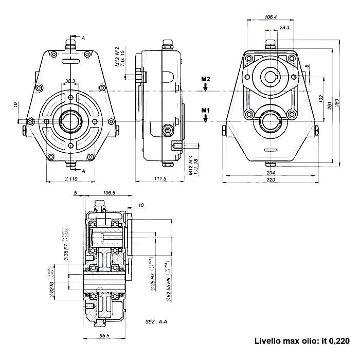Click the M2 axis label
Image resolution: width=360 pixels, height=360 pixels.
[x=206, y=79]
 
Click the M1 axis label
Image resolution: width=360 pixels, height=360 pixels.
[x=206, y=110]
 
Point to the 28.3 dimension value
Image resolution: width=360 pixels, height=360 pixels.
[x=284, y=27]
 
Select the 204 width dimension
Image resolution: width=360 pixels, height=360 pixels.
[x=271, y=173]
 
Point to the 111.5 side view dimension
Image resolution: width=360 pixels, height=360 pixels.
[x=160, y=178]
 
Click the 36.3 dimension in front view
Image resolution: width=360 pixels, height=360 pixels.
[x=70, y=81]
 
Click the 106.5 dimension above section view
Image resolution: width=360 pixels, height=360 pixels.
[x=108, y=193]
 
